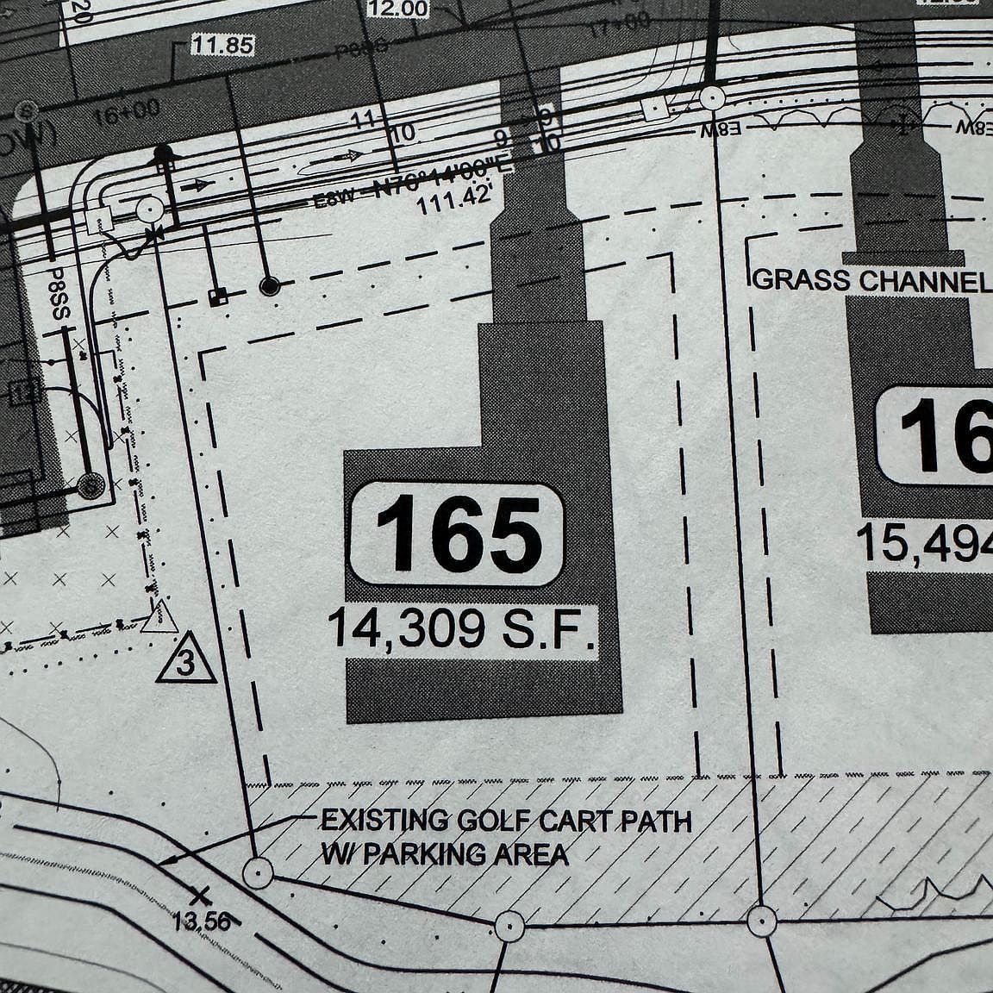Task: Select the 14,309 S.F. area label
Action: [462, 630]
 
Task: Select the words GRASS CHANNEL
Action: [871, 281]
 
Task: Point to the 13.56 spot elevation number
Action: [201, 921]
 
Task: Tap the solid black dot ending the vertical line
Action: [270, 284]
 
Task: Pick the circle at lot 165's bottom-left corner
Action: [256, 873]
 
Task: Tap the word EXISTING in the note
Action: [372, 820]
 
